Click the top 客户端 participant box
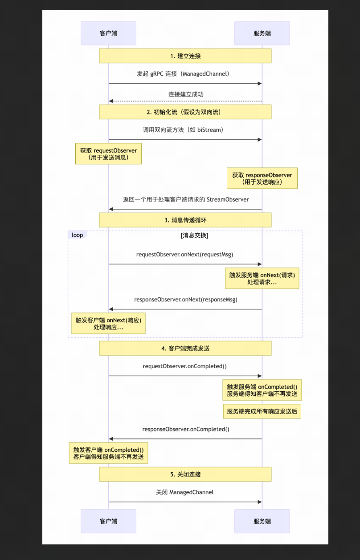pyautogui.click(x=108, y=33)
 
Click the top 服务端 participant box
pyautogui.click(x=262, y=33)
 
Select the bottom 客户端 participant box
pyautogui.click(x=108, y=521)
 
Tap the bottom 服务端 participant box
pyautogui.click(x=262, y=521)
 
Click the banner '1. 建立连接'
pyautogui.click(x=185, y=56)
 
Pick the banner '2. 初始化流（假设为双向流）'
pyautogui.click(x=185, y=112)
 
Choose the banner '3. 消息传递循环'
pyautogui.click(x=185, y=220)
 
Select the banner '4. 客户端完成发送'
pyautogui.click(x=185, y=348)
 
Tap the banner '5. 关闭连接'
pyautogui.click(x=185, y=474)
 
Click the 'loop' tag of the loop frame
pyautogui.click(x=77, y=235)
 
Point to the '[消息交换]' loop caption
pyautogui.click(x=194, y=235)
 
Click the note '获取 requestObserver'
pyautogui.click(x=108, y=154)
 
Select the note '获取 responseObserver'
pyautogui.click(x=262, y=179)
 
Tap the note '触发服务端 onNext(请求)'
pyautogui.click(x=262, y=279)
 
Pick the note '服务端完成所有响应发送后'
pyautogui.click(x=262, y=411)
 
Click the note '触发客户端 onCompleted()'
pyautogui.click(x=108, y=453)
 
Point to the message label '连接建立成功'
pyautogui.click(x=186, y=94)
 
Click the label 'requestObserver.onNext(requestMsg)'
pyautogui.click(x=184, y=255)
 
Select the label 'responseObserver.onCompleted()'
pyautogui.click(x=186, y=430)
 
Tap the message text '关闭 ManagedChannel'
pyautogui.click(x=184, y=492)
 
